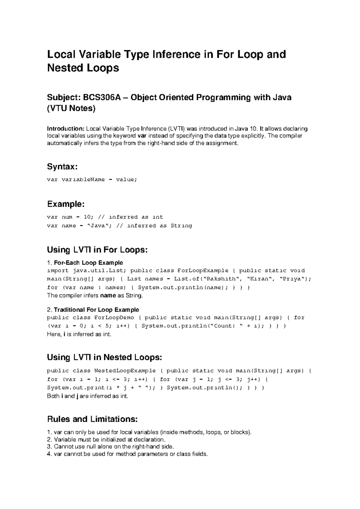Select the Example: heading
coord(66,204)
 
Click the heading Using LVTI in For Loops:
coord(97,250)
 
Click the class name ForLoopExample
coord(203,270)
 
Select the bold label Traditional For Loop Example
coord(96,310)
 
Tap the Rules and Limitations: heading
coord(92,419)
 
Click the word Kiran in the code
coord(260,279)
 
